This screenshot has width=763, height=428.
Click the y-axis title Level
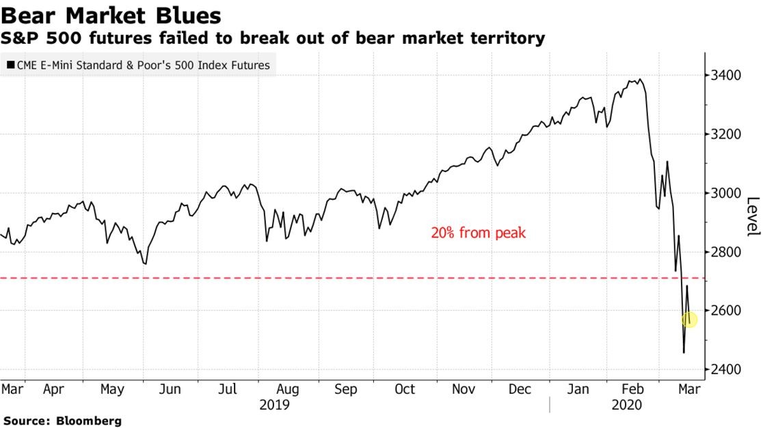752,217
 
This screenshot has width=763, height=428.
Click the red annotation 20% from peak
478,233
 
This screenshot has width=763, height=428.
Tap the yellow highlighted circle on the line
689,319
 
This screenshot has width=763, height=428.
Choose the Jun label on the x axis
170,390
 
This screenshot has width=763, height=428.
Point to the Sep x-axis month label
346,390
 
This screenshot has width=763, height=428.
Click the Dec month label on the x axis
521,390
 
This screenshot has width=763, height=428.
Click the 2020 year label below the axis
626,405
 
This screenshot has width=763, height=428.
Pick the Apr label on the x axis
53,390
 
